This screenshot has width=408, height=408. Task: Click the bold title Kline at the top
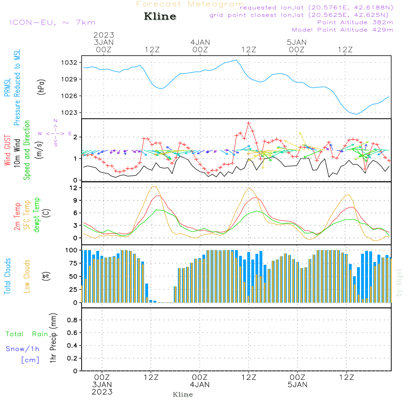point(160,17)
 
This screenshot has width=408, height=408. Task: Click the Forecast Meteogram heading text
point(190,4)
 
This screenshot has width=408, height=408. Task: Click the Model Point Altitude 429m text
point(343,30)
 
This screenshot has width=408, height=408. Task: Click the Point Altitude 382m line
point(355,22)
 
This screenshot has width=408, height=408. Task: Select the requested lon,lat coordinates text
point(317,7)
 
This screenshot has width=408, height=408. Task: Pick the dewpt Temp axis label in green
point(37,215)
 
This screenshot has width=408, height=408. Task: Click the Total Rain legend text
point(27,334)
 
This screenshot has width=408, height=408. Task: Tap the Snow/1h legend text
point(23,349)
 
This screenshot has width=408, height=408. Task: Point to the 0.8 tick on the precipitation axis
point(72,320)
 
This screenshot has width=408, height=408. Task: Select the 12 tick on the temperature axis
point(73,188)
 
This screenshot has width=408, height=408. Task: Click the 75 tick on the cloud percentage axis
point(72,263)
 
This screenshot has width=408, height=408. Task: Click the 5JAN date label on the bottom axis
point(297,385)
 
